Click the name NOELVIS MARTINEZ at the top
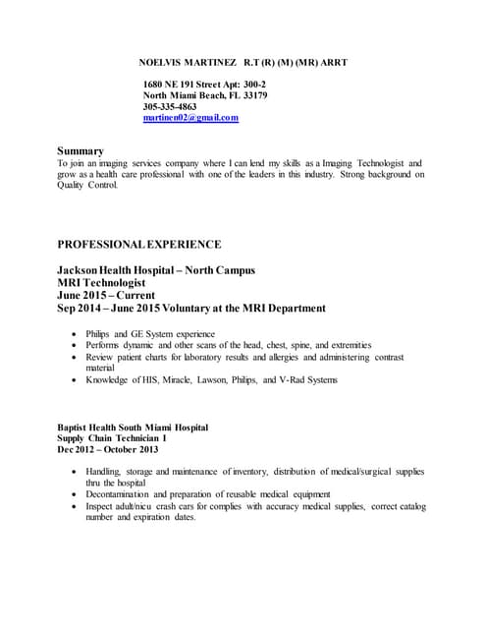point(184,62)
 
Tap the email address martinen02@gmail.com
point(190,118)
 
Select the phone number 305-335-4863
point(170,106)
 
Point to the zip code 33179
point(253,95)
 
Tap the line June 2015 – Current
point(111,295)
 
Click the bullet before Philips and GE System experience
point(77,334)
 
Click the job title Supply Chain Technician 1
point(112,439)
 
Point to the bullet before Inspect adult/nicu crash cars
point(77,506)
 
